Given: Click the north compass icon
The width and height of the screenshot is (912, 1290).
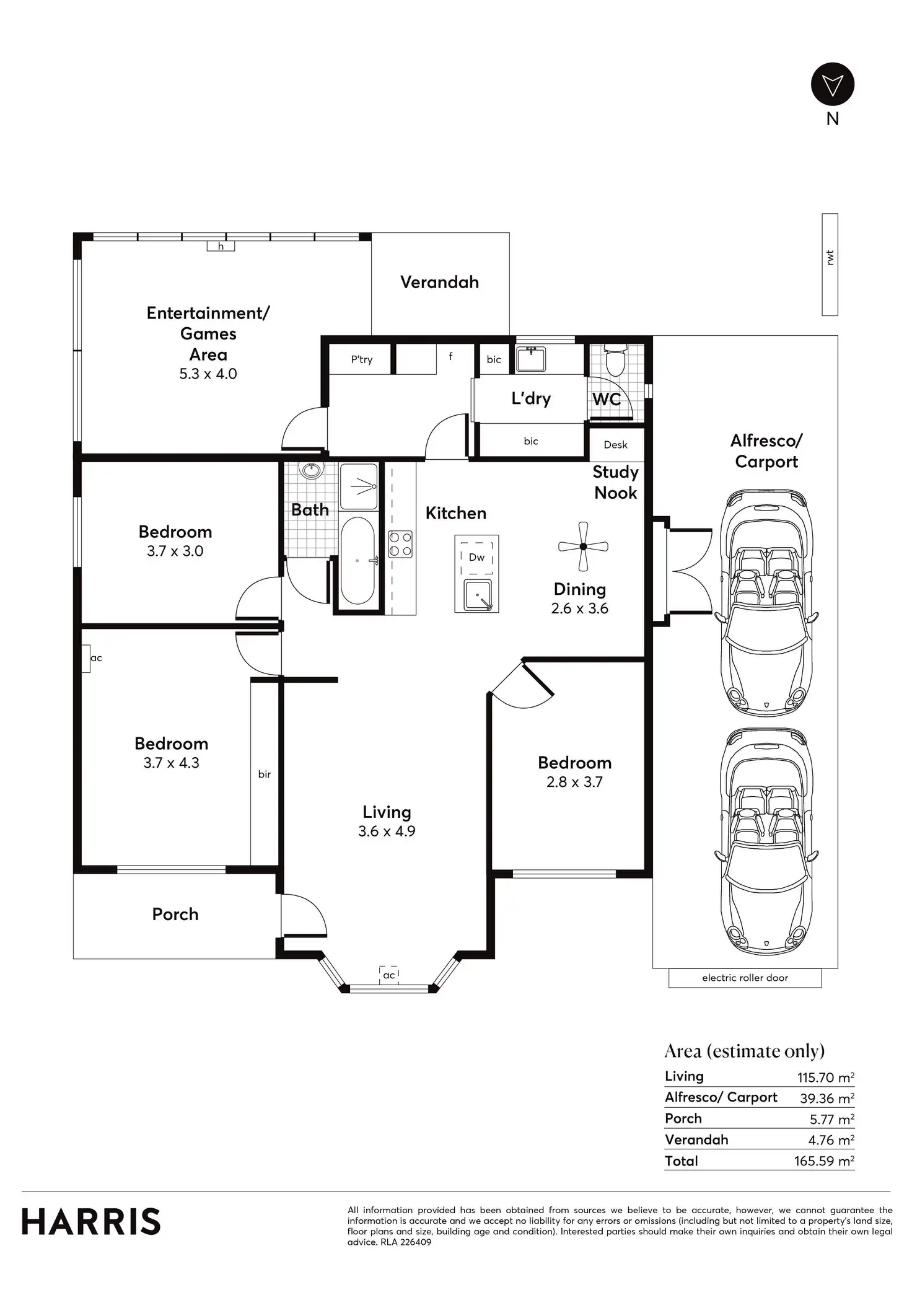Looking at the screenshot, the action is (833, 84).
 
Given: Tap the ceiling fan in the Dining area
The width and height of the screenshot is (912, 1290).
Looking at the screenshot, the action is (583, 546).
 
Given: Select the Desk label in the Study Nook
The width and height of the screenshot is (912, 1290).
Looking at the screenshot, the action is (615, 445).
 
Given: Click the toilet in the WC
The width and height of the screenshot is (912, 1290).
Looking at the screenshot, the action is (615, 361).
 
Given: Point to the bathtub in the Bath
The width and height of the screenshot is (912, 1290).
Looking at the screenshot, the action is (357, 561).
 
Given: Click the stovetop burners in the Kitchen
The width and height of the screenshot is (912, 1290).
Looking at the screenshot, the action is (400, 544).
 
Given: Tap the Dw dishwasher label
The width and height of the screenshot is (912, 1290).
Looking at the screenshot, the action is (476, 557).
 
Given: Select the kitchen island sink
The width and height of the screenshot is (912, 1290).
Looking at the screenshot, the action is (478, 595).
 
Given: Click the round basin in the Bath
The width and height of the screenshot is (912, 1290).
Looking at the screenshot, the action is (310, 470).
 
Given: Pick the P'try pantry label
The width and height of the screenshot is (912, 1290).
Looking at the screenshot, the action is (362, 359).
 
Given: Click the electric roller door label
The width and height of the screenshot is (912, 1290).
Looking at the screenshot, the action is (745, 978).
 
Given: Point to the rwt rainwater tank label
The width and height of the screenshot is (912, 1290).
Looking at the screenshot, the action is (830, 258).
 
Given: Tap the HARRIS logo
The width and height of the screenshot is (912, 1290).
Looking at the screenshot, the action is (91, 1222).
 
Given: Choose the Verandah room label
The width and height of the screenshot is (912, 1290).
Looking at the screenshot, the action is (439, 283).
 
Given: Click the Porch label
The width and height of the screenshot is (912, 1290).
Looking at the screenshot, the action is (175, 914).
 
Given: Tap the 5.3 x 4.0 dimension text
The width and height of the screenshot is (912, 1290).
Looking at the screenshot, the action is (208, 374).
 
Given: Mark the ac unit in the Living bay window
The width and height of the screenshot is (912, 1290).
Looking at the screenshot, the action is (388, 975).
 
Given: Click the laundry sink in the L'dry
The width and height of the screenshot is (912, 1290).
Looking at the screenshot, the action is (531, 359).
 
